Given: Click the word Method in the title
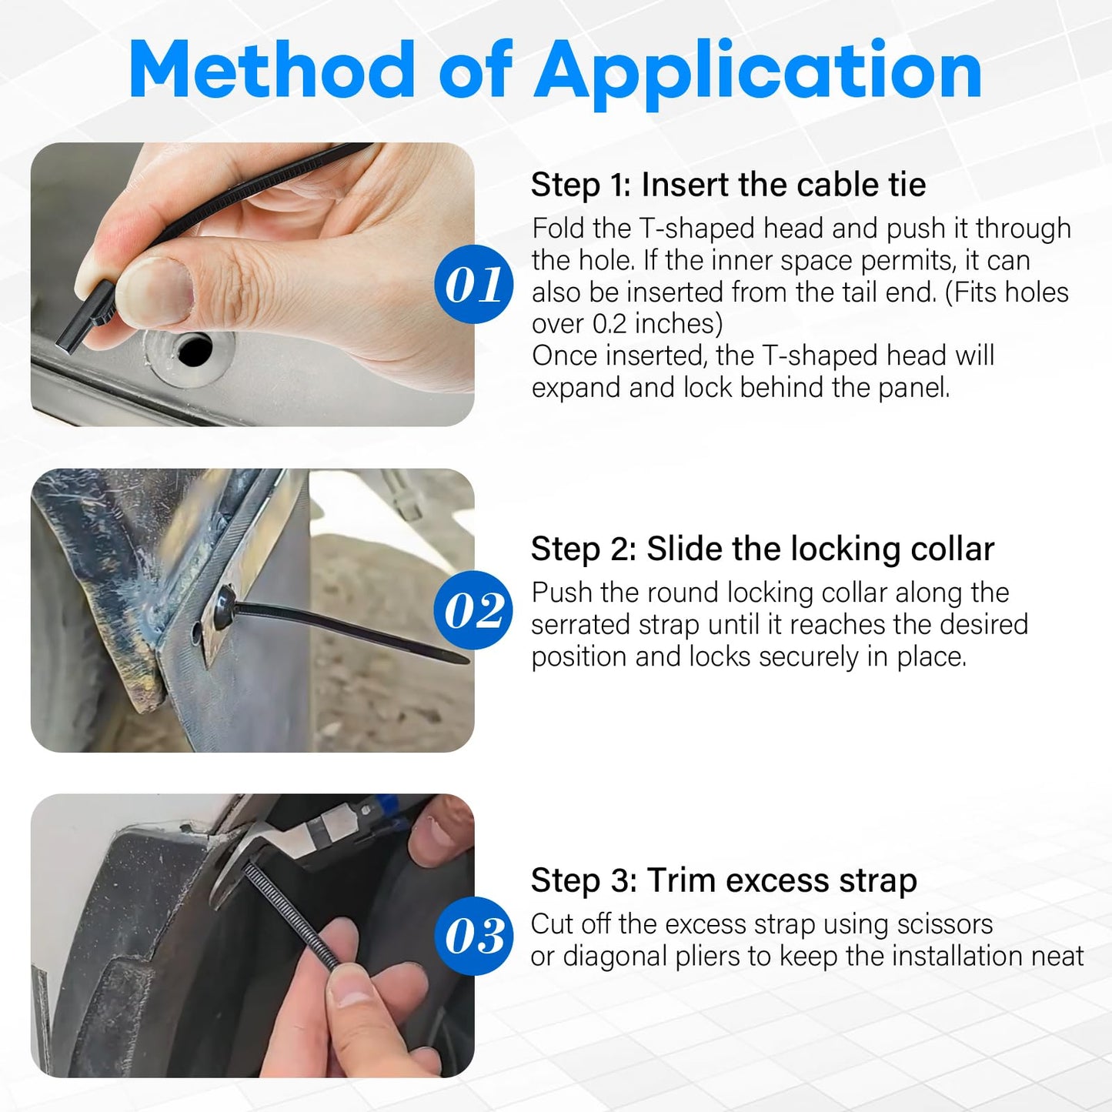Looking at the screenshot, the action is pyautogui.click(x=272, y=70).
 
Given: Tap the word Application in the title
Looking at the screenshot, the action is pyautogui.click(x=758, y=74).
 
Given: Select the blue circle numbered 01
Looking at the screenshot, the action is pyautogui.click(x=474, y=284).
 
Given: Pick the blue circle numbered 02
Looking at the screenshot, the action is pyautogui.click(x=474, y=610).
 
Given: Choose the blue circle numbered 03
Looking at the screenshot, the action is pyautogui.click(x=474, y=936).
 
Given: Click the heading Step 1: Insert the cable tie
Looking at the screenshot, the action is pyautogui.click(x=728, y=185).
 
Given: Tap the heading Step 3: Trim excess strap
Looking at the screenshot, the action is pyautogui.click(x=723, y=881).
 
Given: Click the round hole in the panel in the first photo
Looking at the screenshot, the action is pyautogui.click(x=195, y=350).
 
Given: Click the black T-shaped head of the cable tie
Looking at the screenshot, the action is pyautogui.click(x=85, y=316).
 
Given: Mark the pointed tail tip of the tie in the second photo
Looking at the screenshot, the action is pyautogui.click(x=466, y=661).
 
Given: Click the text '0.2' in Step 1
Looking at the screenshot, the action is pyautogui.click(x=609, y=324).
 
